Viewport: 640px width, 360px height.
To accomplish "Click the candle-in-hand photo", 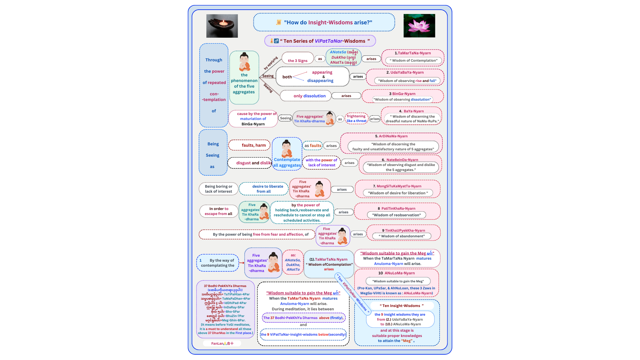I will pyautogui.click(x=222, y=26).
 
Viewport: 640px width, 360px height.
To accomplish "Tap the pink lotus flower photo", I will pyautogui.click(x=419, y=26).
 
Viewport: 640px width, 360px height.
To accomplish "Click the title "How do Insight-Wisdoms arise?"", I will pyautogui.click(x=324, y=22).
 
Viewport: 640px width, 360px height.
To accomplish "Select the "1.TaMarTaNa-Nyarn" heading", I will pyautogui.click(x=413, y=53).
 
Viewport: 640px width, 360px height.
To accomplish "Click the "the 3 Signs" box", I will pyautogui.click(x=298, y=60).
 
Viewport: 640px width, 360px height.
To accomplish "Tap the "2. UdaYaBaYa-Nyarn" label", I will pyautogui.click(x=405, y=72).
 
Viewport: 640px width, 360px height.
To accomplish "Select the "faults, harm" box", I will pyautogui.click(x=249, y=145).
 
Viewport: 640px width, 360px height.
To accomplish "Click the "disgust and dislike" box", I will pyautogui.click(x=250, y=163).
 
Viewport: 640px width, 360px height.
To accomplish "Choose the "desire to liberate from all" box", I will pyautogui.click(x=264, y=189).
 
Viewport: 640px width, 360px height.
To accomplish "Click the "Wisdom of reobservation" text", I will pyautogui.click(x=396, y=215).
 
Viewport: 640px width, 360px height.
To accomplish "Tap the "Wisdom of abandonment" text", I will pyautogui.click(x=402, y=236).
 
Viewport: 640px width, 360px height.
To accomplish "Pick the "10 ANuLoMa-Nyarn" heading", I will pyautogui.click(x=396, y=273).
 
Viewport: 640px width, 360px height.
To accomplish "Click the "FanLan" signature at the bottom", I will pyautogui.click(x=222, y=343).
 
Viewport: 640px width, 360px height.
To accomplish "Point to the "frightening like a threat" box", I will pyautogui.click(x=356, y=119).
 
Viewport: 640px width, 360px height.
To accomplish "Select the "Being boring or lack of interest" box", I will pyautogui.click(x=219, y=189).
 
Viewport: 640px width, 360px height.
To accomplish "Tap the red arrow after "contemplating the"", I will pyautogui.click(x=242, y=263).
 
